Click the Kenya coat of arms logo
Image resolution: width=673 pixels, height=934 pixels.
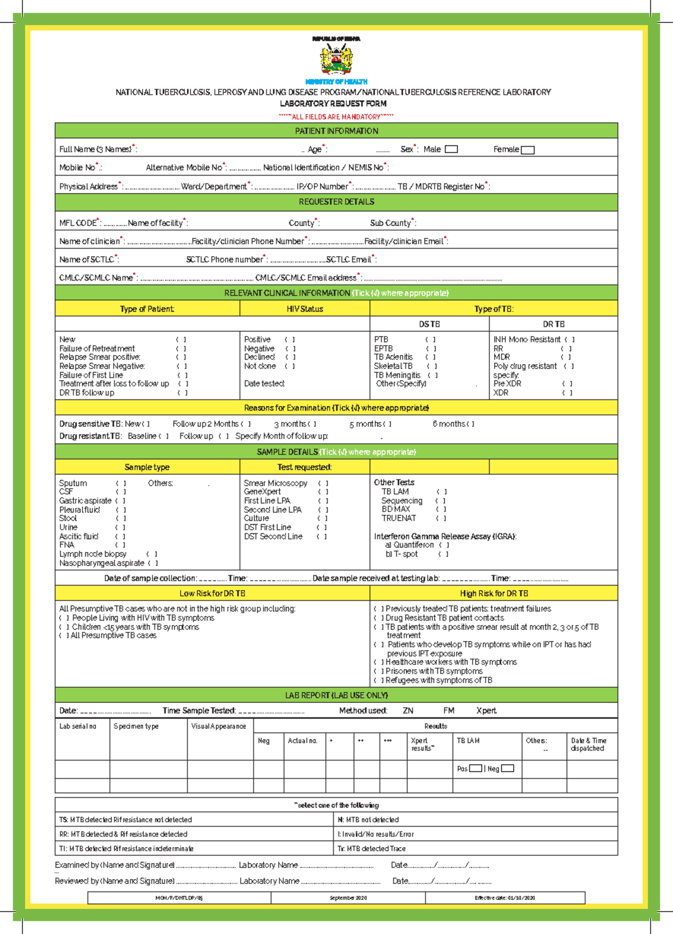[336, 59]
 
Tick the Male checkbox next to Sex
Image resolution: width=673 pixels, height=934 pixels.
[451, 149]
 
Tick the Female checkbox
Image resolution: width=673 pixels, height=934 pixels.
[527, 150]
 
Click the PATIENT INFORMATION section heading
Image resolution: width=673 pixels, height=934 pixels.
[336, 131]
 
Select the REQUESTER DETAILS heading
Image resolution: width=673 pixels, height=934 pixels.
[336, 201]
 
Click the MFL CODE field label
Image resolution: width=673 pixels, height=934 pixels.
[79, 223]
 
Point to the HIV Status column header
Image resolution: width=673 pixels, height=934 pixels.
[305, 309]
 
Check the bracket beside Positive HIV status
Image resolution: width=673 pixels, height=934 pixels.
[290, 339]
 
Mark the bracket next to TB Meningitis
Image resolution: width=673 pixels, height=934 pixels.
[432, 375]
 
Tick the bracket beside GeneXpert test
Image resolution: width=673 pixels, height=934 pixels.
[323, 492]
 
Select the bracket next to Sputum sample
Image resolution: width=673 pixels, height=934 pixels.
[121, 483]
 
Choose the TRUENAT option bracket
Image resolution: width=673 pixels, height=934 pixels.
[441, 518]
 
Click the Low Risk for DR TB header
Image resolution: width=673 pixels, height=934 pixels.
[212, 593]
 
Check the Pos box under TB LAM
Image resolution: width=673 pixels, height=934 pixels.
[475, 769]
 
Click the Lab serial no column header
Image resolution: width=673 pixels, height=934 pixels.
[78, 726]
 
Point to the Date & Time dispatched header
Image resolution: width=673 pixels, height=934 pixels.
[588, 744]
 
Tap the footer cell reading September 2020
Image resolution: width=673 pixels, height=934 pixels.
[348, 898]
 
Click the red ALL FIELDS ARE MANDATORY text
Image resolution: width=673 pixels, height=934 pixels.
[336, 117]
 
